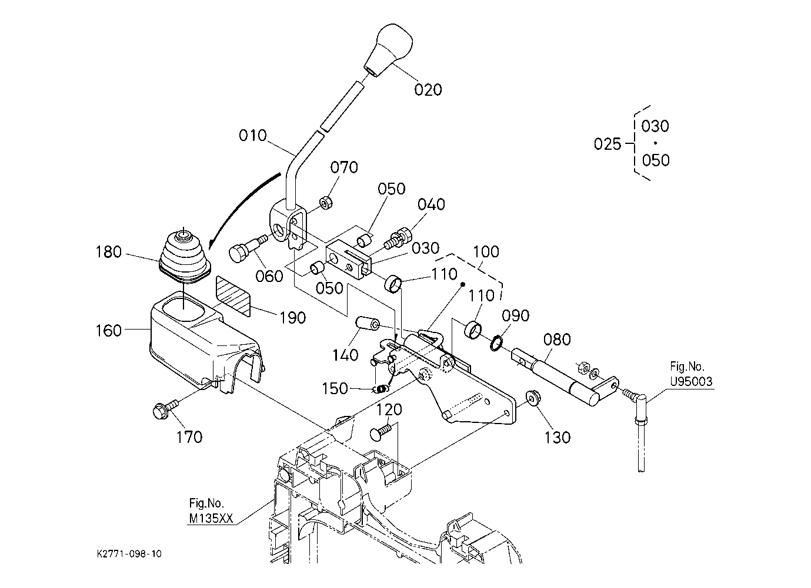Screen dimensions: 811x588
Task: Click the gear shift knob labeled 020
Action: (389, 49)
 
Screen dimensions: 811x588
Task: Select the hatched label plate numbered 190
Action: (233, 296)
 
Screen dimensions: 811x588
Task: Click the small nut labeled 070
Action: (326, 203)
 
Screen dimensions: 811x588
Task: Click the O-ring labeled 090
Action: (497, 342)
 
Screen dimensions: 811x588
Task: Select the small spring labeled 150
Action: (380, 389)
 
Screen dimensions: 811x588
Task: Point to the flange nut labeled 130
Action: (531, 398)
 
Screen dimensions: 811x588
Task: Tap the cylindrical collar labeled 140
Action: (367, 323)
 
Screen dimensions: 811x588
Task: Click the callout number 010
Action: (252, 136)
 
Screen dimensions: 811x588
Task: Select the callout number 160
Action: (108, 331)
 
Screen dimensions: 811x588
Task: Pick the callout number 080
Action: (557, 340)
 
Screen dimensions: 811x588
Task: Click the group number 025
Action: (608, 145)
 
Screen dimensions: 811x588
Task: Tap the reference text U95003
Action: (691, 381)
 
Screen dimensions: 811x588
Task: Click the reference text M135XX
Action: (211, 519)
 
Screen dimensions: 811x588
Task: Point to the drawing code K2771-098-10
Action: (129, 554)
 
